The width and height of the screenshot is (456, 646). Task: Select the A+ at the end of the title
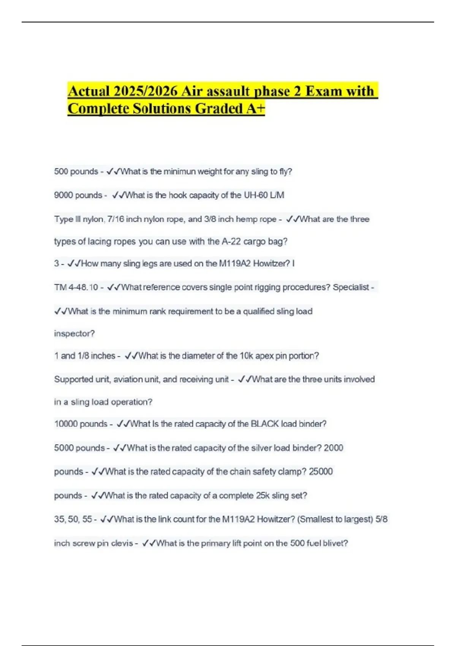[255, 109]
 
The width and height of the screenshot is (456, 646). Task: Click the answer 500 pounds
[76, 172]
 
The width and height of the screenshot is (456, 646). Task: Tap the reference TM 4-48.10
[76, 288]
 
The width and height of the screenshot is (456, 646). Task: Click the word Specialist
[351, 288]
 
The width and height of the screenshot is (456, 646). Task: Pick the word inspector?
[74, 334]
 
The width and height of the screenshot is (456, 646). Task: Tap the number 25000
[321, 472]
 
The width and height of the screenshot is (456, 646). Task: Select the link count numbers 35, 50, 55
[73, 519]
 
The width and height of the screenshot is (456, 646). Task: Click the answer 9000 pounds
[78, 195]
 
